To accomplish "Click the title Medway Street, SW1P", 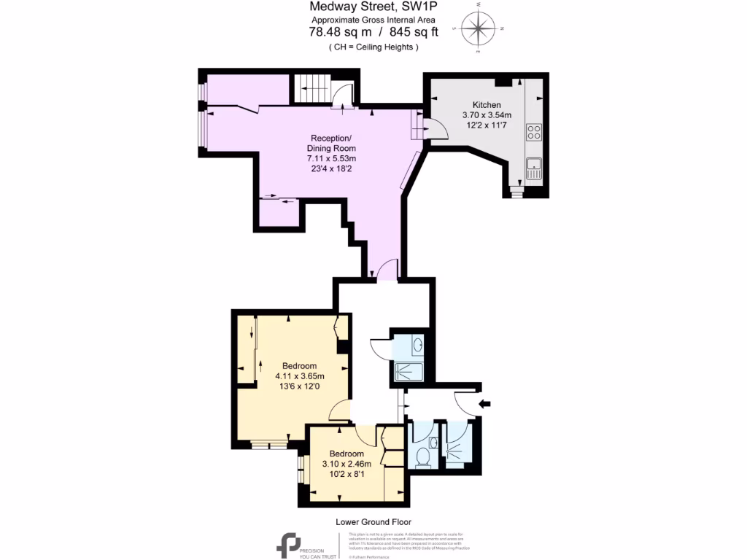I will [373, 7].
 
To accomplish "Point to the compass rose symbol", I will [478, 29].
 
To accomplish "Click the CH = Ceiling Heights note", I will [373, 47].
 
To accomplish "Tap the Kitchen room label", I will [487, 104].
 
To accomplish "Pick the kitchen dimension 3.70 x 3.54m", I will [487, 114].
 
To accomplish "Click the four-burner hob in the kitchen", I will [534, 133].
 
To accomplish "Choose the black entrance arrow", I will [485, 403].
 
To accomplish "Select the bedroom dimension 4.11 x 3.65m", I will [299, 376].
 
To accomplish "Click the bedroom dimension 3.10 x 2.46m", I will [347, 464].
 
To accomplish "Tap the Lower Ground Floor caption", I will [373, 522].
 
